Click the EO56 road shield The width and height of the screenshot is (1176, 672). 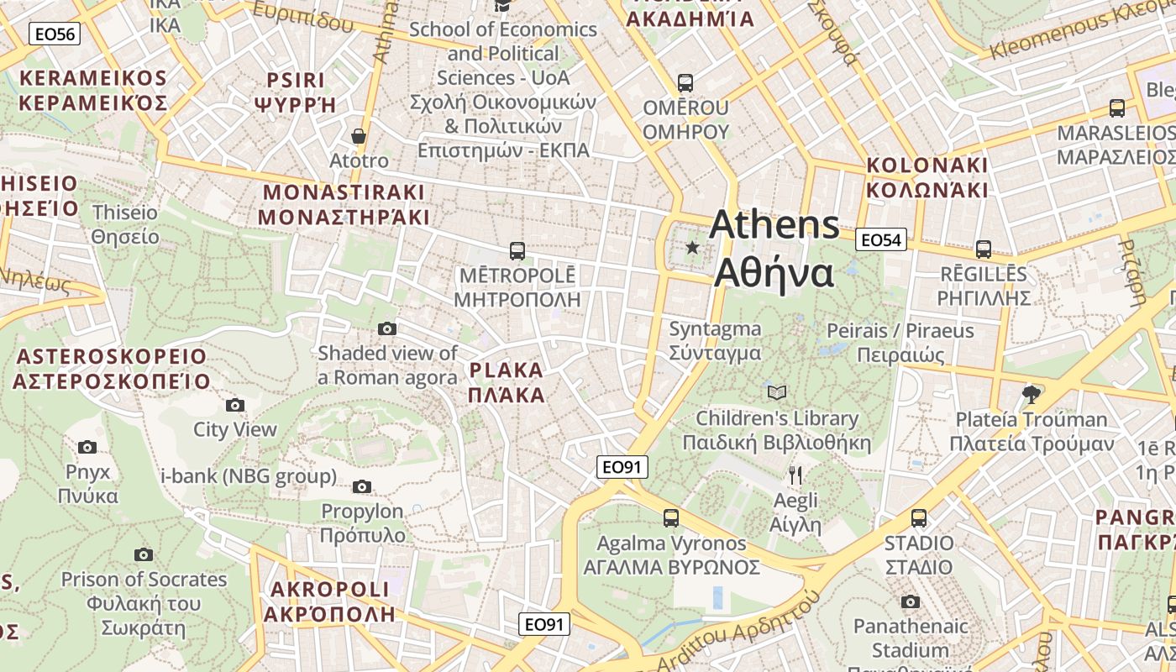tap(54, 34)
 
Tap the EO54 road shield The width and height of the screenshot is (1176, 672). tap(881, 240)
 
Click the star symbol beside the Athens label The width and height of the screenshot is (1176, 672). tap(692, 247)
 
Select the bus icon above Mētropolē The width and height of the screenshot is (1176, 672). tap(517, 250)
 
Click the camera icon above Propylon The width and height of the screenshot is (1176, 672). tap(362, 486)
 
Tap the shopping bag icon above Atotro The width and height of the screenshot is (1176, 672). tap(359, 135)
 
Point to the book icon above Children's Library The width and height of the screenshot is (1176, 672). tap(777, 392)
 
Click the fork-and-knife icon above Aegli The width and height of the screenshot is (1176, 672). tap(795, 475)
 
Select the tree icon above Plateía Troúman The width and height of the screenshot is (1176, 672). tap(1032, 393)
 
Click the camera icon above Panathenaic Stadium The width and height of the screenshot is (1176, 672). tap(910, 601)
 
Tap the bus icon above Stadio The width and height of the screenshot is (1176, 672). tap(919, 517)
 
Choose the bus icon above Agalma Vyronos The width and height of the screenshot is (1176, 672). tap(671, 517)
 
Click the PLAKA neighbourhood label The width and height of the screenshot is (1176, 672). tap(507, 382)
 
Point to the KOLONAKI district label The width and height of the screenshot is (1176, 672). tap(927, 176)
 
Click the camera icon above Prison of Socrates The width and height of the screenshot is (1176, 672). tap(144, 554)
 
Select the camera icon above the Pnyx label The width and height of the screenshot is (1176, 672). tap(87, 447)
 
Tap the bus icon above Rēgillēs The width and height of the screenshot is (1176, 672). tap(984, 249)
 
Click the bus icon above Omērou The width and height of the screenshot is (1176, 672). tap(685, 82)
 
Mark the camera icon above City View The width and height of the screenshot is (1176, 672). tap(235, 405)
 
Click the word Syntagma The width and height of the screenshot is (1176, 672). tap(715, 329)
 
